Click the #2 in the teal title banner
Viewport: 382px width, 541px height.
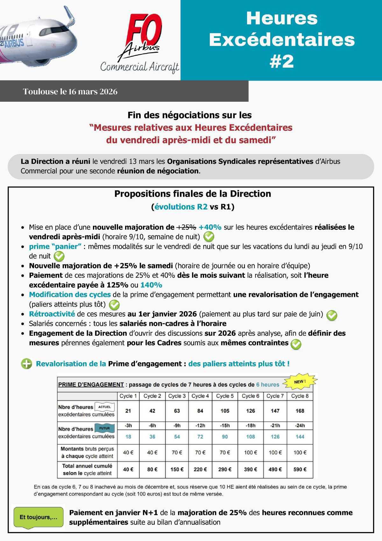[x=281, y=61]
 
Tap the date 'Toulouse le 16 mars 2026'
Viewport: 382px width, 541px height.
[x=70, y=91]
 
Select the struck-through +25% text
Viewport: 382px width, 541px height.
[x=186, y=227]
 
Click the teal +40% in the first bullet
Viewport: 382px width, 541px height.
[x=210, y=227]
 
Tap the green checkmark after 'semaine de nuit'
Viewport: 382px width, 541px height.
[x=209, y=237]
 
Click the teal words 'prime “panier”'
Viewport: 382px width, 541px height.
[x=55, y=246]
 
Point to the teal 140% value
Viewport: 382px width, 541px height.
[x=151, y=285]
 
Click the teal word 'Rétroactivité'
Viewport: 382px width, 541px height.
[x=52, y=314]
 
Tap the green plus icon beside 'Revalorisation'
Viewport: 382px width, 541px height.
[x=26, y=364]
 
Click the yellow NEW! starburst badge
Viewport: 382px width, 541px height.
[x=300, y=382]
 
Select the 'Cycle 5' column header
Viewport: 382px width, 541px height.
[x=225, y=396]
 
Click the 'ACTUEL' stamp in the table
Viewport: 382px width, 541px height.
[x=104, y=407]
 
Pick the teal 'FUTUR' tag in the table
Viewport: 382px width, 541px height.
[x=104, y=428]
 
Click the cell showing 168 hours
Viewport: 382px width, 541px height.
[x=300, y=411]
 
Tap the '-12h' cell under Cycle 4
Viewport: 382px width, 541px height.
[x=200, y=426]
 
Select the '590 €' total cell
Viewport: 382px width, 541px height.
[x=300, y=469]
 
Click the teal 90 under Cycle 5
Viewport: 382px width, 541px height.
[x=225, y=437]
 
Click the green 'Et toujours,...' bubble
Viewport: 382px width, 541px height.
[x=38, y=517]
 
